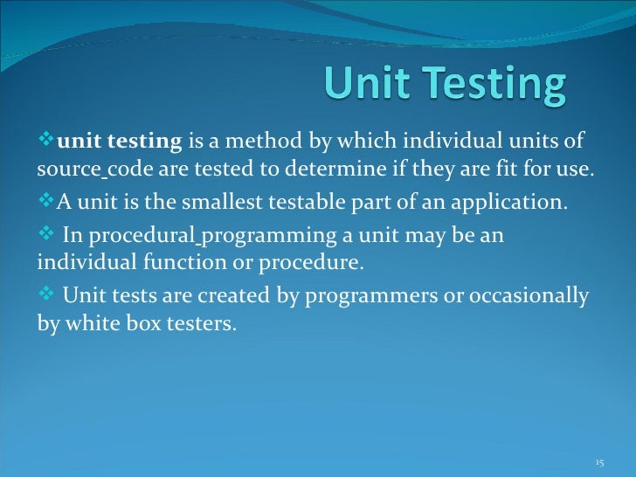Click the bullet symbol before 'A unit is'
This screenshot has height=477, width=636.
coord(46,204)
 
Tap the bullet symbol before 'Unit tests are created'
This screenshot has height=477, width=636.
coord(46,296)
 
